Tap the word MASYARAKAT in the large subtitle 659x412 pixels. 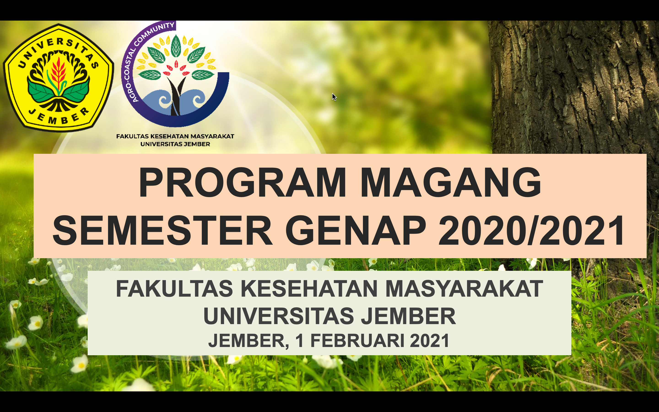[464, 289]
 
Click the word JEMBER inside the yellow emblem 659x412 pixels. [59, 117]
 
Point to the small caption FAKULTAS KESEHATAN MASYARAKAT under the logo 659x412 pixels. [175, 136]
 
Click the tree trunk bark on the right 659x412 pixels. [572, 82]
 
